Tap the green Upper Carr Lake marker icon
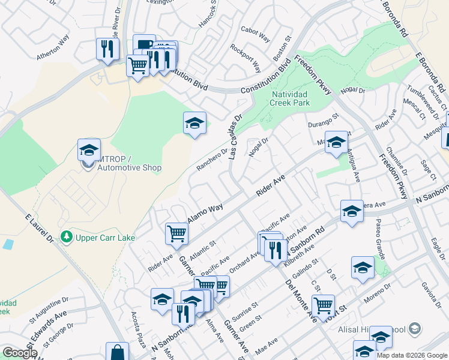click(x=70, y=237)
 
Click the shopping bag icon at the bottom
click(x=117, y=352)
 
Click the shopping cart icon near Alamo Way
click(x=176, y=233)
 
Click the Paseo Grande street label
click(x=381, y=236)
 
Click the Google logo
click(x=20, y=353)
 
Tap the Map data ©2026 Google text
click(x=412, y=355)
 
